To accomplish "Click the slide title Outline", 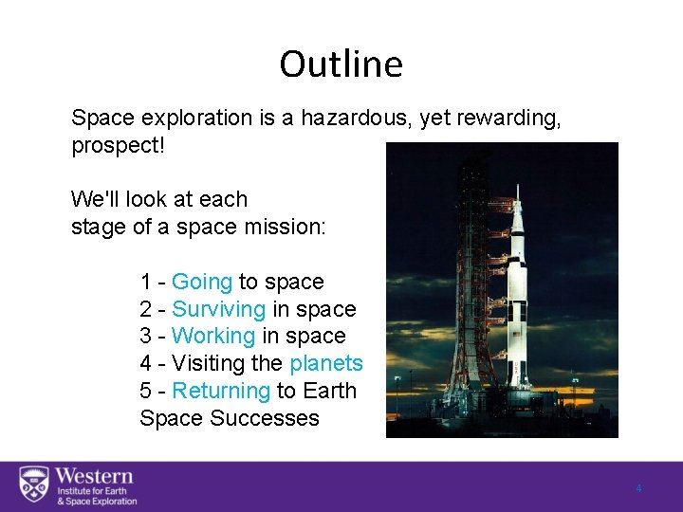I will point(341,64).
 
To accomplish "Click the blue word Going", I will point(201,282).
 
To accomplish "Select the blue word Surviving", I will point(218,309).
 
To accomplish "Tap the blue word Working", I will point(213,336).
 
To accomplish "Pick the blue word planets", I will point(326,363).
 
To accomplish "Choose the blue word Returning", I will point(221,391).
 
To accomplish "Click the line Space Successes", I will point(230,418).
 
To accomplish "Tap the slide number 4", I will point(638,488).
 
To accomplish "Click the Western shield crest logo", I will point(34,485).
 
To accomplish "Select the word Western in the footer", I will point(94,476).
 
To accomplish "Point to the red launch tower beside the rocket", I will point(474,284).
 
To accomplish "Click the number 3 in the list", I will point(146,336).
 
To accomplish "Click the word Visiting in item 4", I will point(209,363).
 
